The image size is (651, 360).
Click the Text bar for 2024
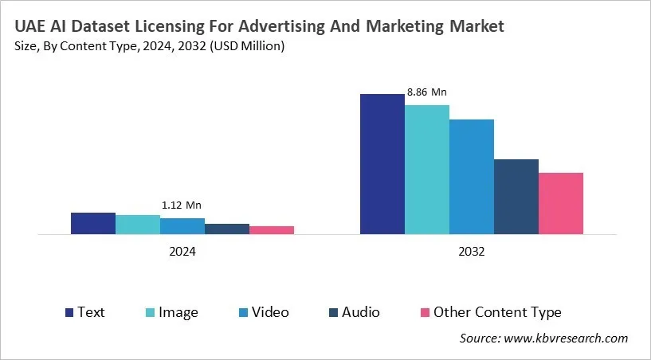pos(93,224)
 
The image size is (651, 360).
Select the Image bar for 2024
pos(138,225)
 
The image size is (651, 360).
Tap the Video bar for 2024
pos(182,226)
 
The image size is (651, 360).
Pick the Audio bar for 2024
pos(227,229)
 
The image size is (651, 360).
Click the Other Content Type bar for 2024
pos(272,230)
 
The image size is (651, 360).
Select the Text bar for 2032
pos(382,164)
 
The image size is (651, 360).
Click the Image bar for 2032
pos(427,170)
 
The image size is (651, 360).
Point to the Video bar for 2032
pos(472,177)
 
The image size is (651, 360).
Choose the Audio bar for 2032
pos(516,197)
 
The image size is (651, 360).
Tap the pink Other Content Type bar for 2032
pos(561,204)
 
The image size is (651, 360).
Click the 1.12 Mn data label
pos(182,205)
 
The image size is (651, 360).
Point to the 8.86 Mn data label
pos(427,92)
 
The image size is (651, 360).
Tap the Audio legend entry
pos(353,312)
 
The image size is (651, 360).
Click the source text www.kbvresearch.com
pos(567,338)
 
